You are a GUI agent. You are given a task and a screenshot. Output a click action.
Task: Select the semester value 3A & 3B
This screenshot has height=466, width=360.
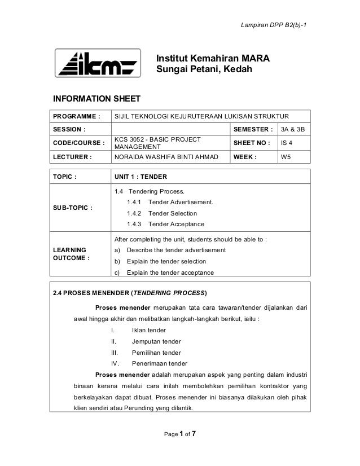point(292,129)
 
